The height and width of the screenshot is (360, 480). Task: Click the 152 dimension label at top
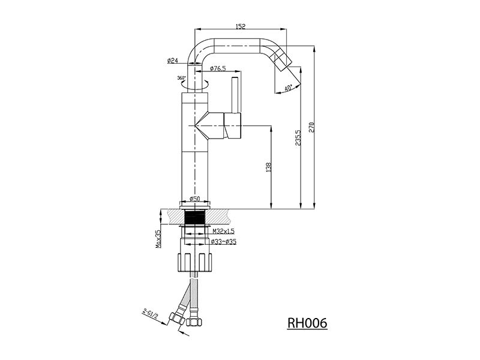point(241,26)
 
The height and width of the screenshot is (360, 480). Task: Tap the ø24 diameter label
point(173,61)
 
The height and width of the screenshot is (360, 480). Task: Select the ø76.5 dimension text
point(218,68)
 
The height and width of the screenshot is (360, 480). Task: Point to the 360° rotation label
point(181,78)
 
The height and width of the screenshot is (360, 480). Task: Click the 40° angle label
point(288,88)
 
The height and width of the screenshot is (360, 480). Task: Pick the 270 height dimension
point(311,127)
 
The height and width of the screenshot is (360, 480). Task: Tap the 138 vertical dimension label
point(269,167)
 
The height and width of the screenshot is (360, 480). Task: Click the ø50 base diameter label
point(194,199)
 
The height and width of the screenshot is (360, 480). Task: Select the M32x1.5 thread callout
point(223,231)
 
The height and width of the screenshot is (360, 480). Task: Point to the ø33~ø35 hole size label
point(224,242)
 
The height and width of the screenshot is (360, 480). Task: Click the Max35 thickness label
point(158,239)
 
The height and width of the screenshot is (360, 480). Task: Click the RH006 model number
point(307,323)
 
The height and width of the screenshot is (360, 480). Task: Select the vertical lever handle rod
point(235,95)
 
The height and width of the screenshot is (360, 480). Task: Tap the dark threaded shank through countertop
point(194,218)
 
